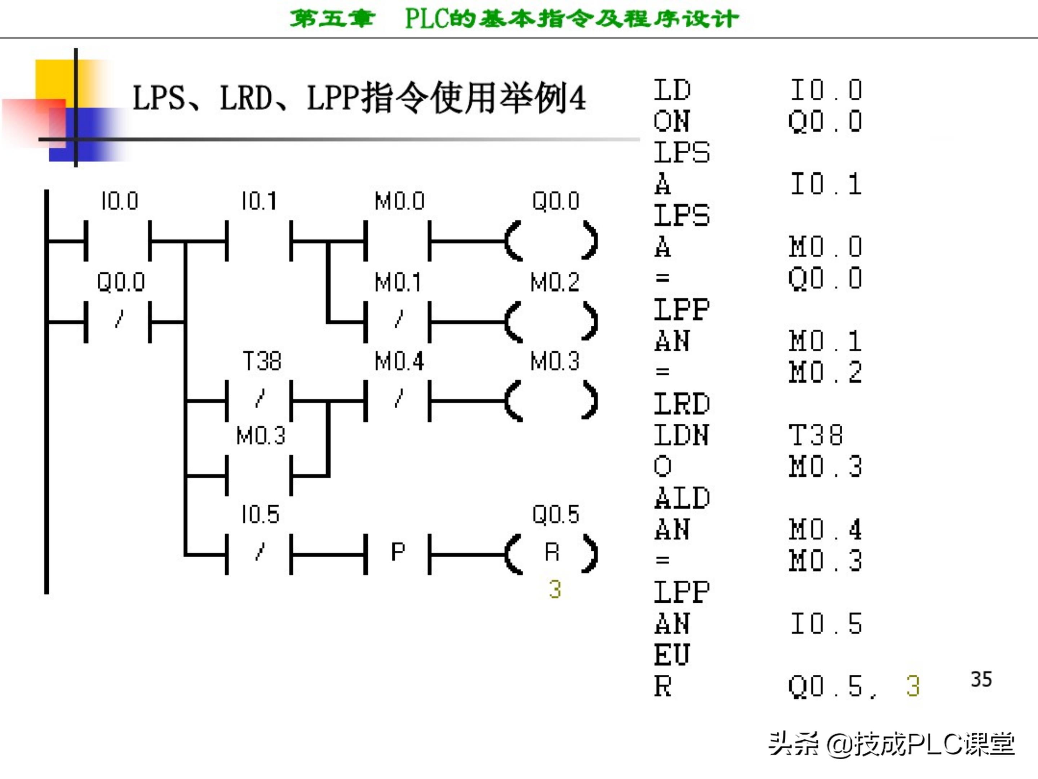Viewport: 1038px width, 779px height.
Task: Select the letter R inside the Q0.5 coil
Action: [x=552, y=552]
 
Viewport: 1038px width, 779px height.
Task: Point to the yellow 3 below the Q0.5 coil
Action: [x=555, y=589]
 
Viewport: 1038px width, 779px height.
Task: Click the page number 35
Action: [x=981, y=679]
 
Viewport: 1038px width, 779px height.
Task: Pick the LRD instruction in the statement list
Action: [x=682, y=404]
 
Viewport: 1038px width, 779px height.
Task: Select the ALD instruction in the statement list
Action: [x=682, y=498]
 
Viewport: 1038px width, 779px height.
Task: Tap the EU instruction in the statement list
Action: [x=672, y=655]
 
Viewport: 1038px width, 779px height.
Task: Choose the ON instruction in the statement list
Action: [x=672, y=121]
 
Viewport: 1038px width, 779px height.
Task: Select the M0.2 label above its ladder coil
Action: [x=555, y=282]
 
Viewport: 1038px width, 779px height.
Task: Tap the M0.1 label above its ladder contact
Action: [x=398, y=282]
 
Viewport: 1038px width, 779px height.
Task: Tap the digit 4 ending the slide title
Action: [x=577, y=98]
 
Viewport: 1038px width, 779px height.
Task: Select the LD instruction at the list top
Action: [x=672, y=90]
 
